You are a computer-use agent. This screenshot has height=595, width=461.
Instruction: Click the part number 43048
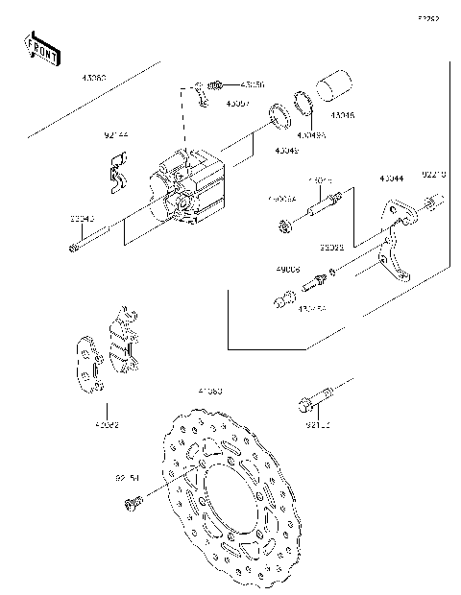342,115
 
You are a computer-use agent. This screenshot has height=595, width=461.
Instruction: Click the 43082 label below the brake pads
107,423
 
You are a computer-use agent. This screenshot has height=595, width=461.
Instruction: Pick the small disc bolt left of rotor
136,500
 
